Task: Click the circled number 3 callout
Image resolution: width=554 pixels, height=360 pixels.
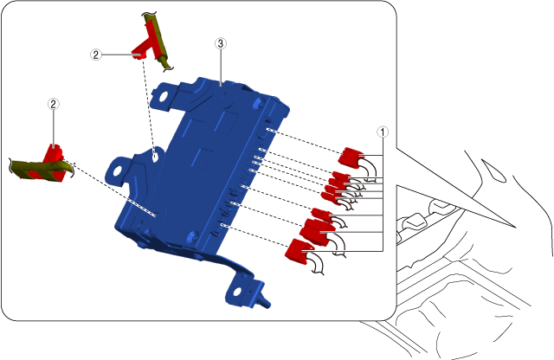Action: (221, 43)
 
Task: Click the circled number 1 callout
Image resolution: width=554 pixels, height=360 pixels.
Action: (383, 132)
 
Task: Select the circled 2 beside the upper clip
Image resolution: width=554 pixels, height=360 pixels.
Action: (95, 55)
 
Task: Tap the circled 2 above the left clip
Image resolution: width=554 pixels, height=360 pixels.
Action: (53, 104)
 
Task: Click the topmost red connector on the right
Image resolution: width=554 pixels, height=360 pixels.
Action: (350, 157)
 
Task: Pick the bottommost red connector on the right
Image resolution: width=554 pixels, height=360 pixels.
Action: (299, 251)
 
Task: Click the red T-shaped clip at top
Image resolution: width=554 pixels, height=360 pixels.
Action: (146, 43)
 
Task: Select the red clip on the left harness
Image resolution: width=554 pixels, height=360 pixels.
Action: (52, 163)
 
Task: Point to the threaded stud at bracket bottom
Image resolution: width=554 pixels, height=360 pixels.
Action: (264, 301)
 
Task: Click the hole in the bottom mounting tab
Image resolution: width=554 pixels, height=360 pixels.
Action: (236, 292)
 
